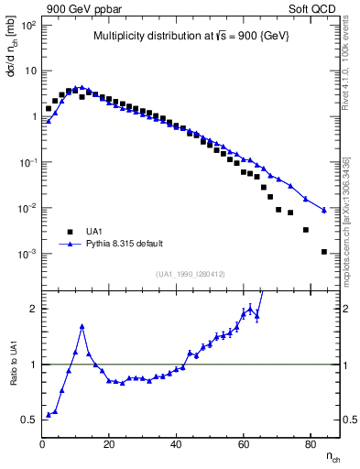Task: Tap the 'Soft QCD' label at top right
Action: pyautogui.click(x=313, y=8)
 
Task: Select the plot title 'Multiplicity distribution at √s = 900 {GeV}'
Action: pyautogui.click(x=191, y=37)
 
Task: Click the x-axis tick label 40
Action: pyautogui.click(x=177, y=444)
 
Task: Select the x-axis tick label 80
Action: pyautogui.click(x=311, y=444)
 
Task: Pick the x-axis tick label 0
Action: pyautogui.click(x=42, y=444)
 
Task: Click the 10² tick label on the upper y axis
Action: pyautogui.click(x=28, y=26)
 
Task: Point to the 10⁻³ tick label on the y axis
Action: pyautogui.click(x=27, y=254)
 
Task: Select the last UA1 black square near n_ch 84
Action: pyautogui.click(x=324, y=251)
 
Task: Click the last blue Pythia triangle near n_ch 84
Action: pyautogui.click(x=324, y=210)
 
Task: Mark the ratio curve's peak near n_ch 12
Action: pyautogui.click(x=82, y=325)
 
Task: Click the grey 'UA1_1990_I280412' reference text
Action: pyautogui.click(x=191, y=273)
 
